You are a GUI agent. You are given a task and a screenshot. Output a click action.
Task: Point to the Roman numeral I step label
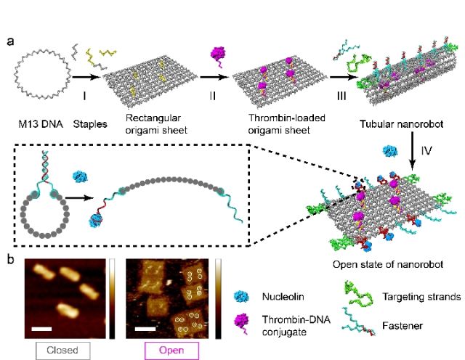(88, 94)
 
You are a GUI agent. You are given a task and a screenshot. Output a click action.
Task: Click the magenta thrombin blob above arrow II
(217, 54)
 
